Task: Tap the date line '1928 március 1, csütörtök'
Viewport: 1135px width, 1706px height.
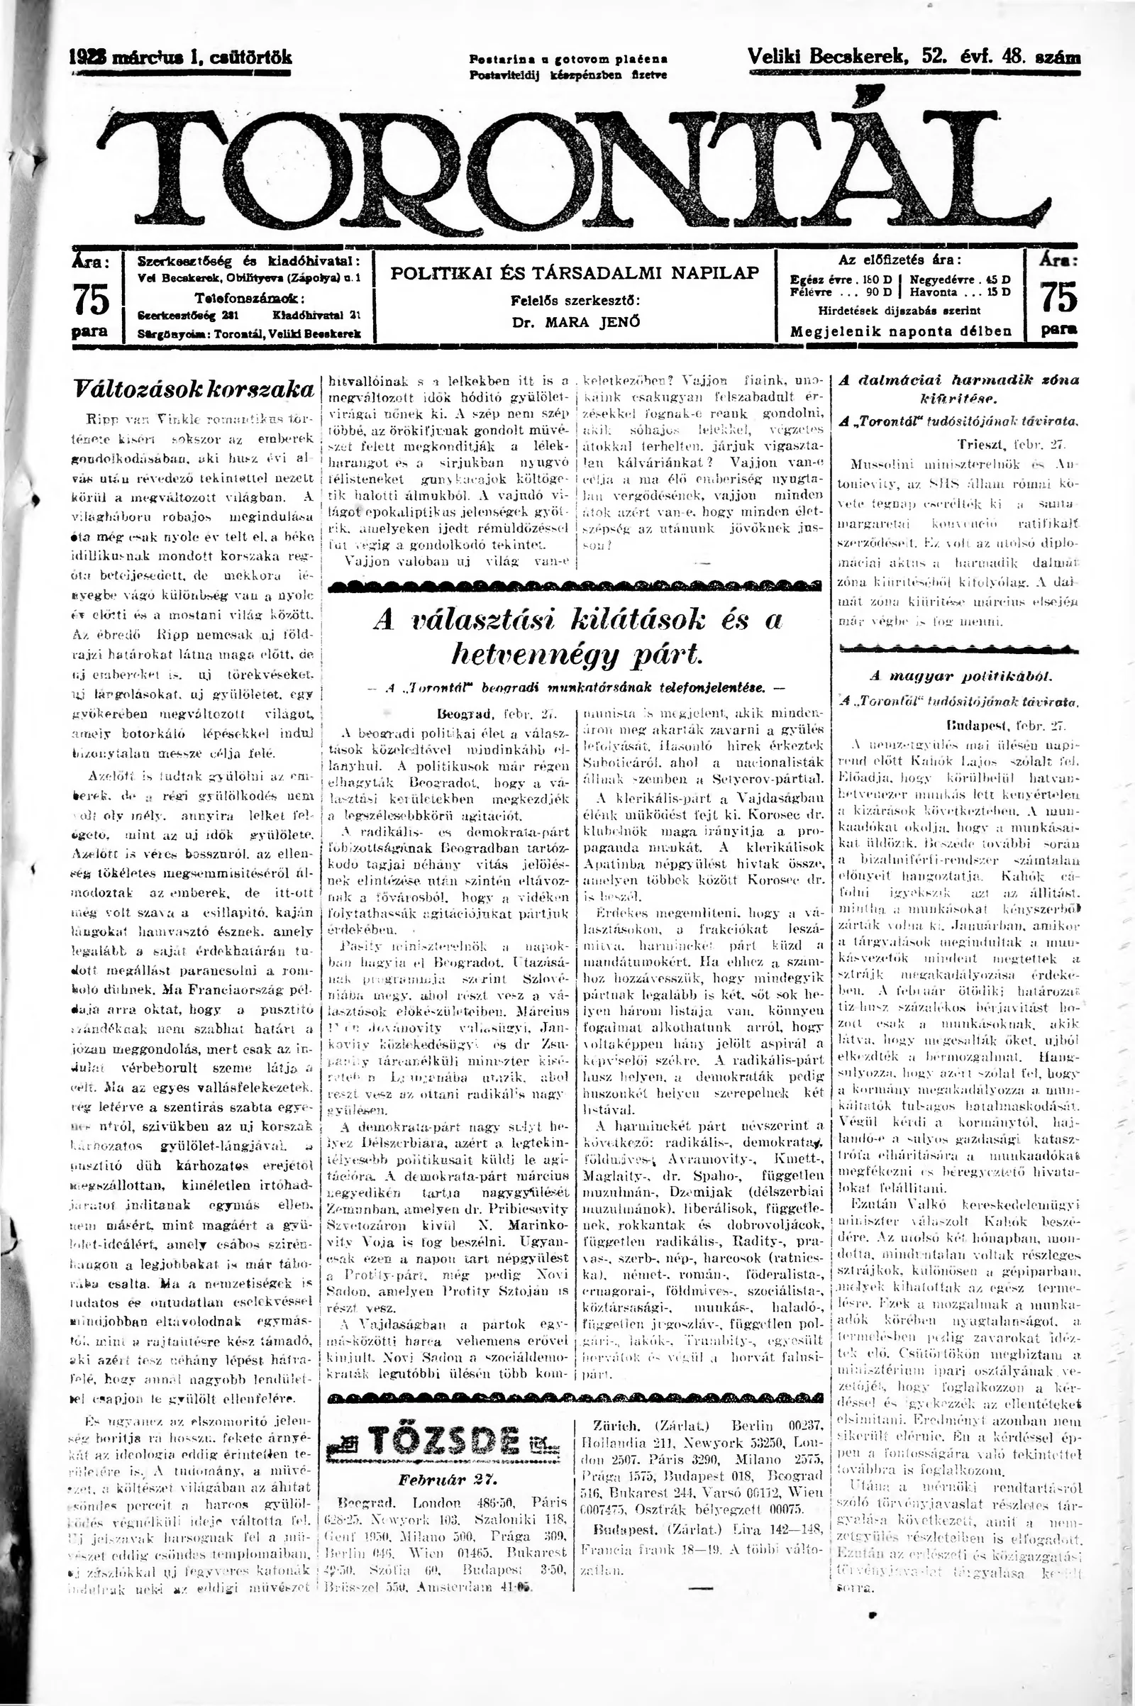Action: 181,58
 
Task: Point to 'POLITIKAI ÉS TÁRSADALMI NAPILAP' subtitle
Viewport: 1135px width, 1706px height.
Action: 575,274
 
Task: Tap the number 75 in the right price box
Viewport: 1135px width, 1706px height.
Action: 1058,297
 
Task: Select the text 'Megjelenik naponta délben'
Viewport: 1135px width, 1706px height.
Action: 900,332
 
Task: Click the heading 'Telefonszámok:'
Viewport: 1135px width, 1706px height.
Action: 250,298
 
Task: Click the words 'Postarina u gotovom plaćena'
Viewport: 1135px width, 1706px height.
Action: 568,59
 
